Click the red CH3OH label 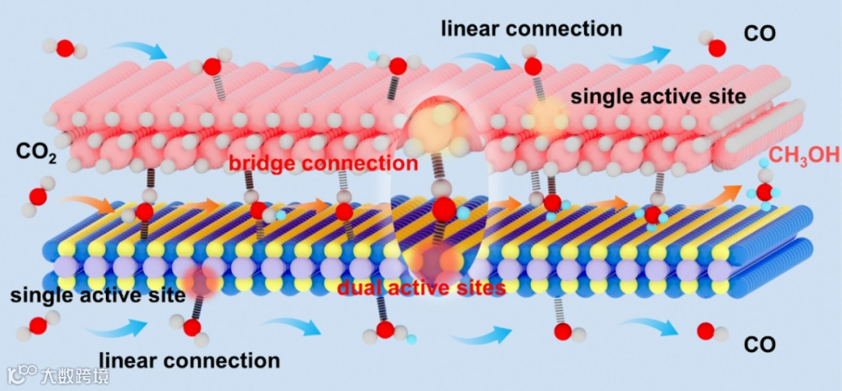point(804,155)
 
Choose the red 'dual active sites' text point(421,287)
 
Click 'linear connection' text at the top point(531,29)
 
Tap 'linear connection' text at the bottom point(189,360)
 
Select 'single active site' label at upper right point(659,97)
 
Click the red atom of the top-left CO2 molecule point(65,48)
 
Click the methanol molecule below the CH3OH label point(765,192)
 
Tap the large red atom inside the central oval point(443,208)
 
